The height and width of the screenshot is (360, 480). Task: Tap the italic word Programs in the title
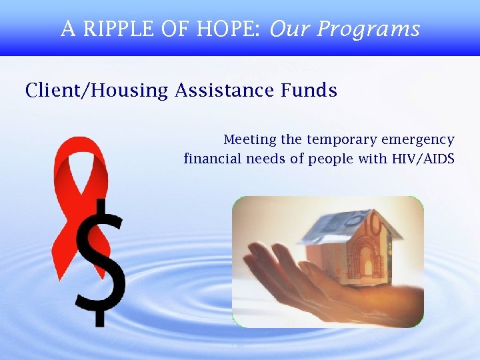368,29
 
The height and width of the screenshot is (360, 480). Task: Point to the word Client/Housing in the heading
97,91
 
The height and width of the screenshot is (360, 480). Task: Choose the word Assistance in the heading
223,90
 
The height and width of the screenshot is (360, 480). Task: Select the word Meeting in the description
250,140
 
